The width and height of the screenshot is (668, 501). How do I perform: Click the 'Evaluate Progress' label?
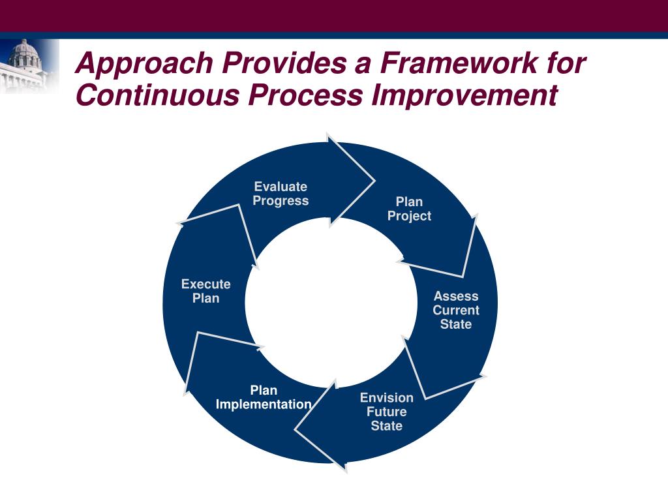(x=281, y=194)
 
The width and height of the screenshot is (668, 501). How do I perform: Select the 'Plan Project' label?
(x=409, y=209)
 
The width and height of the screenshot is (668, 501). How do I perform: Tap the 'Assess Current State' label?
(x=455, y=310)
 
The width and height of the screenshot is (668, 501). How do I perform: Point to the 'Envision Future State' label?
(x=386, y=412)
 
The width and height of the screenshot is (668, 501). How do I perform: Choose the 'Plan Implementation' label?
(x=264, y=397)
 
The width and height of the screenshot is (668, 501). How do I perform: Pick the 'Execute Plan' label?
(x=205, y=291)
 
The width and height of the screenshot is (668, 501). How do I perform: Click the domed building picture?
(x=26, y=65)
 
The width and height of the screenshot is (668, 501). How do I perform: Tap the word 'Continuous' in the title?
(x=157, y=95)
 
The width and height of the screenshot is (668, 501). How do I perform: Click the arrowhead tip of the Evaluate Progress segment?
(x=374, y=179)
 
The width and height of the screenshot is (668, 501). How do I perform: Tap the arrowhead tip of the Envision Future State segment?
(x=296, y=429)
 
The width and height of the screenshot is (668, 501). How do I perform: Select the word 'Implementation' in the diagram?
(x=264, y=404)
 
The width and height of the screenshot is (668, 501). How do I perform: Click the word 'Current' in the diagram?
(x=455, y=310)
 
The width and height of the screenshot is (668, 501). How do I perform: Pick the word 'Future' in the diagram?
(x=386, y=412)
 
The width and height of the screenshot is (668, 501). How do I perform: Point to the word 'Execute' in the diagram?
(x=205, y=284)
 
